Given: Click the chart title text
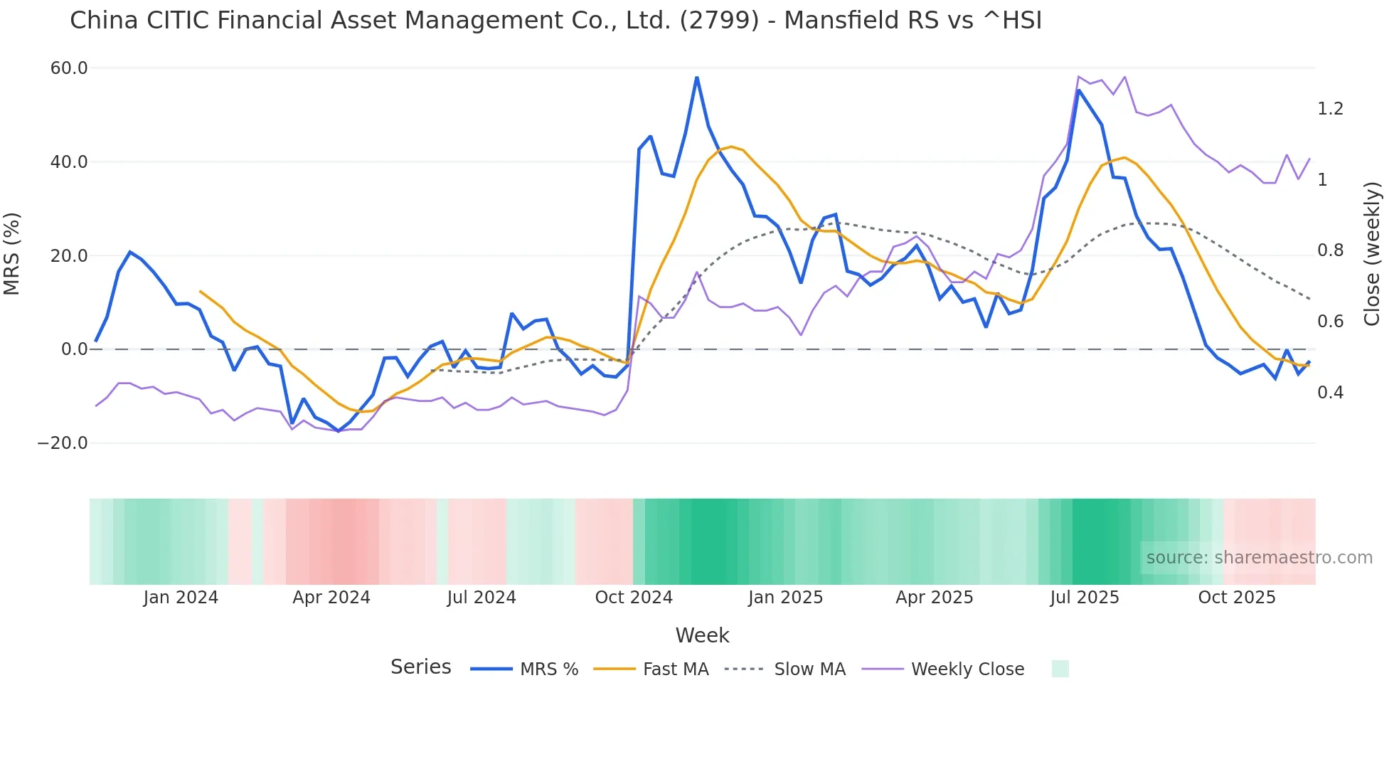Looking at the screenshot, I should pyautogui.click(x=555, y=21).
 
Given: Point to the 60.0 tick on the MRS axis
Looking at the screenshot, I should pyautogui.click(x=69, y=68).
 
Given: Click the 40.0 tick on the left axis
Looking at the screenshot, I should pyautogui.click(x=69, y=162).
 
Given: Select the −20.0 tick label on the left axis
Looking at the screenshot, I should pyautogui.click(x=63, y=443).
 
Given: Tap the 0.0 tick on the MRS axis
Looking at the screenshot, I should pyautogui.click(x=75, y=349).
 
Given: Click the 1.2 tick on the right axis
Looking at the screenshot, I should pyautogui.click(x=1330, y=109).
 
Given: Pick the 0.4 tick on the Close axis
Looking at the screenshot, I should pyautogui.click(x=1330, y=393).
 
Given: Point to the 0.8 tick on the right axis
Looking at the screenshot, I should pyautogui.click(x=1330, y=250).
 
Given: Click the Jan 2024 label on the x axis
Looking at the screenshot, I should pyautogui.click(x=181, y=598).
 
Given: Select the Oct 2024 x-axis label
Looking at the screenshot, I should pyautogui.click(x=634, y=598).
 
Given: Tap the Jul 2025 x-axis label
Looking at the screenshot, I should pyautogui.click(x=1085, y=598).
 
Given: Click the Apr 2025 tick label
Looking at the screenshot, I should pyautogui.click(x=935, y=598).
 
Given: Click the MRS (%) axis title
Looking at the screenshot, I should pyautogui.click(x=12, y=254).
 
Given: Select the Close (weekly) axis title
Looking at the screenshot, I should pyautogui.click(x=1373, y=254).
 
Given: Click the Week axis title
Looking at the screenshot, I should pyautogui.click(x=702, y=635).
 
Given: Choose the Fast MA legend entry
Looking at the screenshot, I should pyautogui.click(x=676, y=669).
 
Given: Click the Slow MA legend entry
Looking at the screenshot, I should pyautogui.click(x=809, y=669).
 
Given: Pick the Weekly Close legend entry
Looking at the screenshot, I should pyautogui.click(x=967, y=669).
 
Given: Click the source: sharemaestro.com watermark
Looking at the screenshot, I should pyautogui.click(x=1259, y=558).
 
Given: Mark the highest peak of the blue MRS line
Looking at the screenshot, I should pyautogui.click(x=697, y=78).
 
